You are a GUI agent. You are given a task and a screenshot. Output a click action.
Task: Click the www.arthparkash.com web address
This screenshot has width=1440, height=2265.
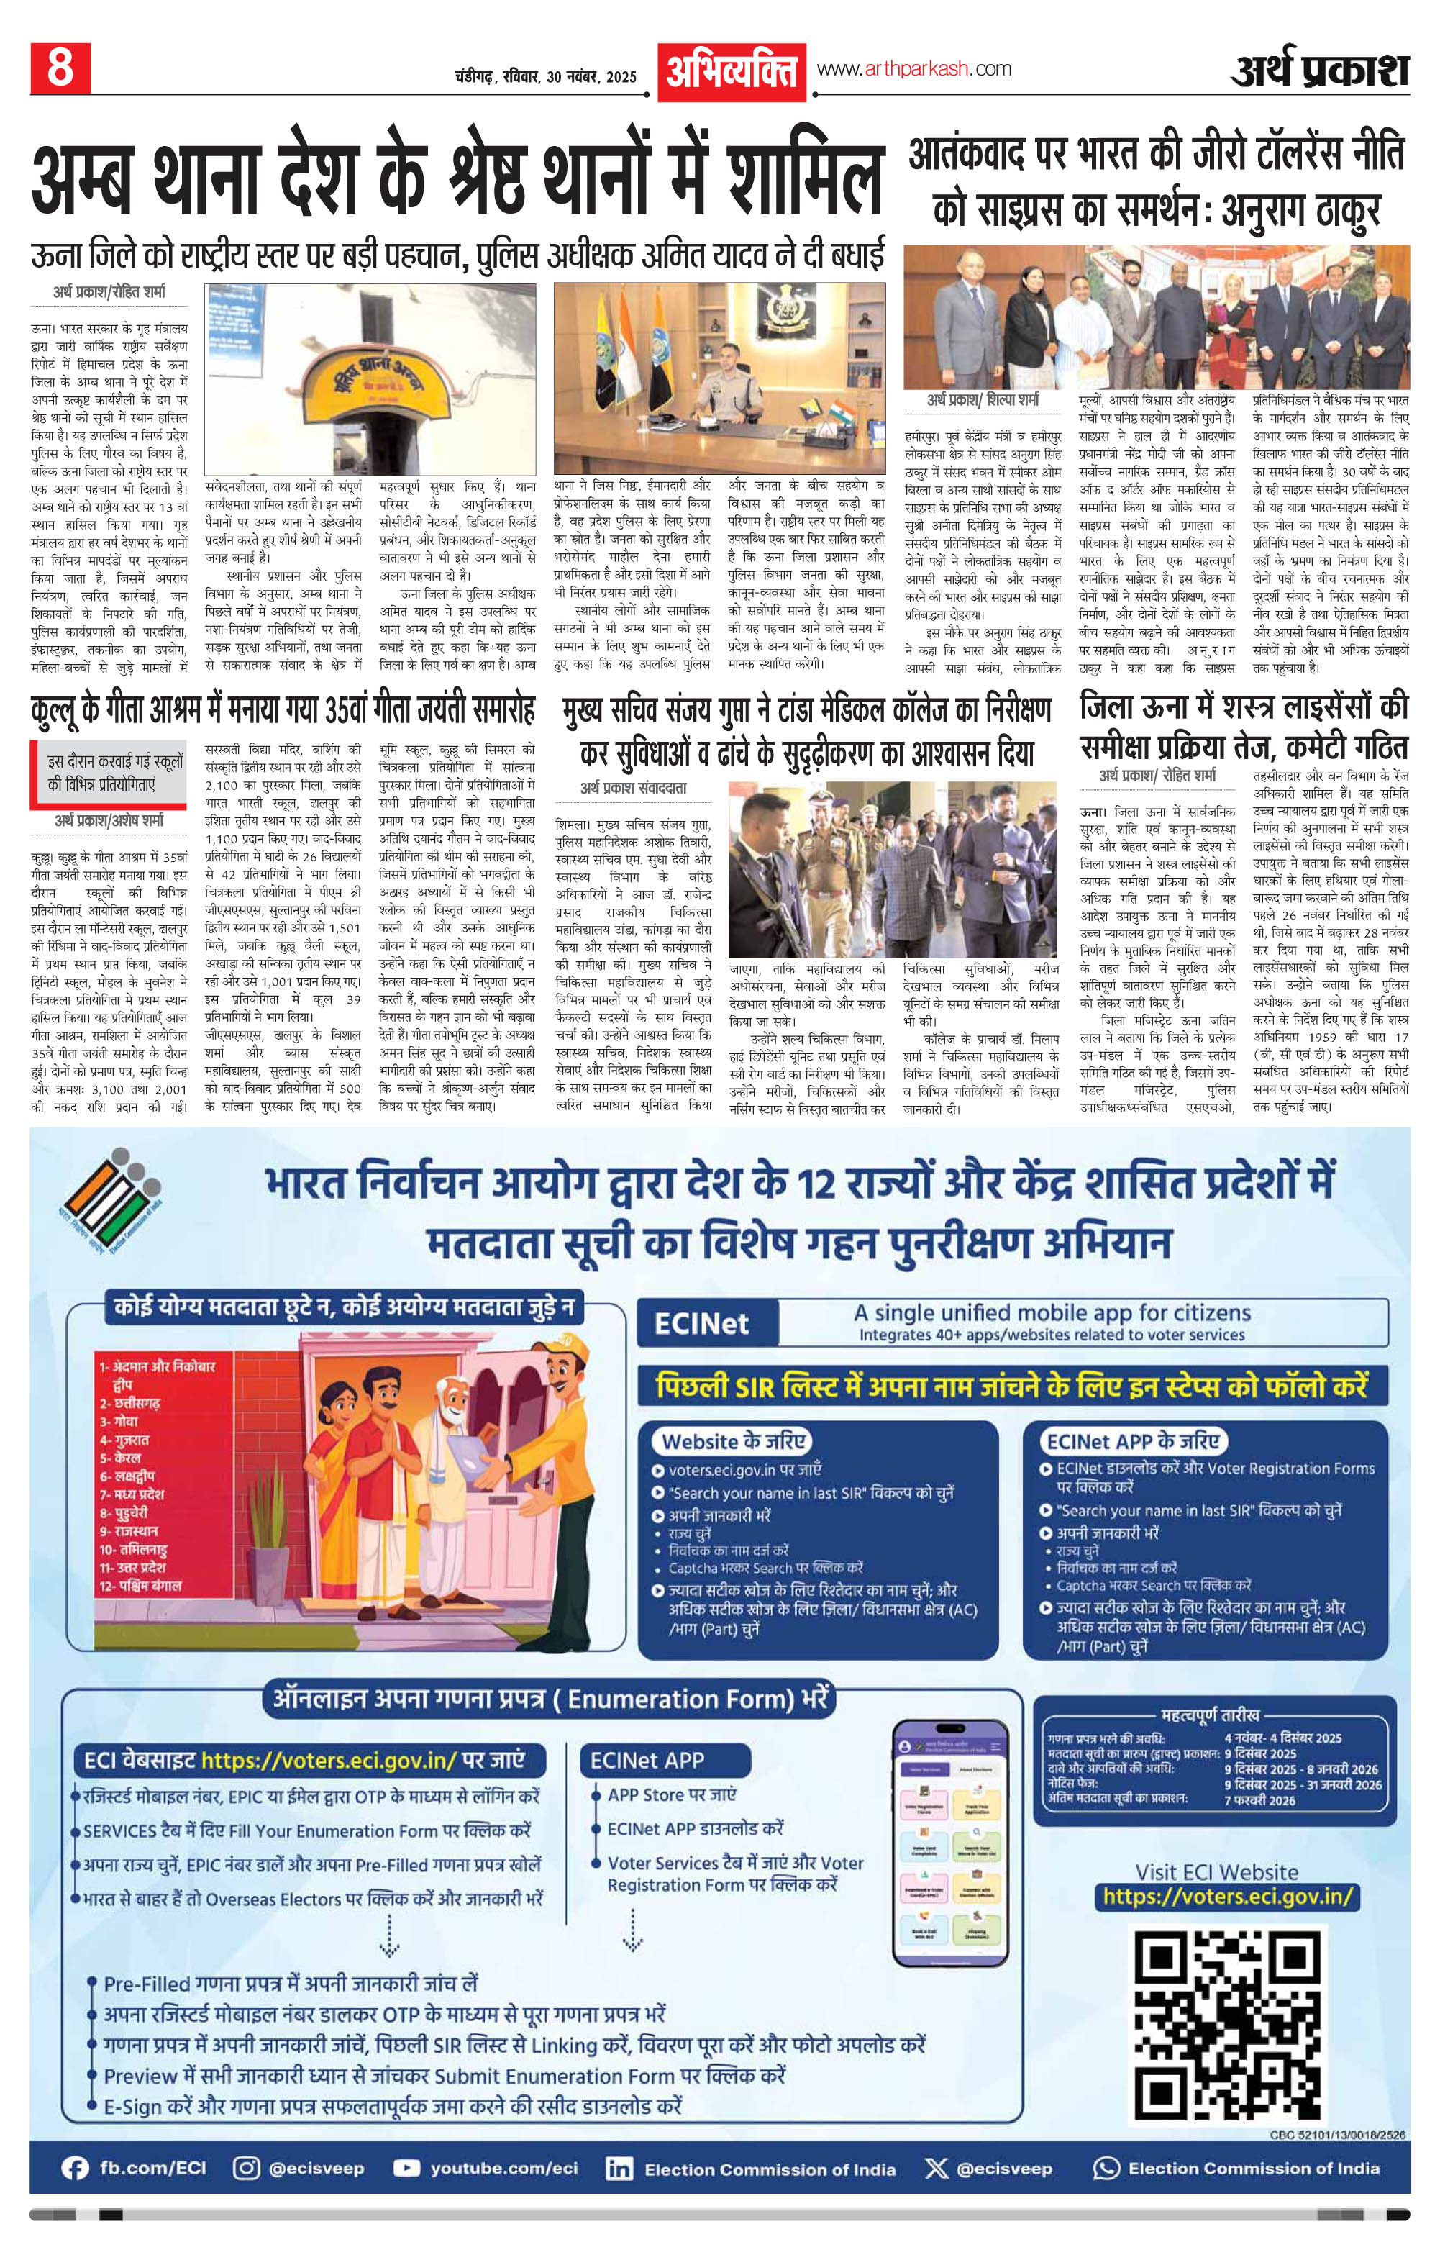coord(913,68)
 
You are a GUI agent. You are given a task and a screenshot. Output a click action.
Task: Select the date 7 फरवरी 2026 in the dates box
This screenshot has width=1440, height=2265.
coord(1259,1800)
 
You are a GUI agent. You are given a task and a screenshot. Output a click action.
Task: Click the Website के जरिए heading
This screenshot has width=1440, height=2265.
coord(734,1441)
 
